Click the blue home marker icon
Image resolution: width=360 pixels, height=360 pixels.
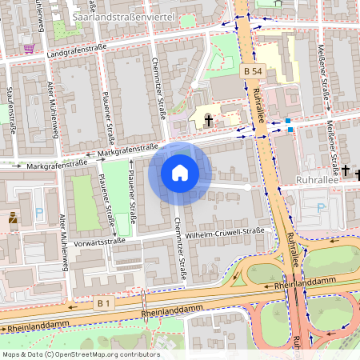pos(180,173)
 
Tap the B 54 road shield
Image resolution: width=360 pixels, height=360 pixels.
pos(253,72)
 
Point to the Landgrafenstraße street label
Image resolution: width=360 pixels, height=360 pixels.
pos(77,54)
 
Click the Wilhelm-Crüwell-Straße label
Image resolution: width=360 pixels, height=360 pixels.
pos(225,232)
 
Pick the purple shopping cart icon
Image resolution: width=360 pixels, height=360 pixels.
pos(29,48)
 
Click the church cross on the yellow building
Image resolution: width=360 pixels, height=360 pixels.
pos(210,121)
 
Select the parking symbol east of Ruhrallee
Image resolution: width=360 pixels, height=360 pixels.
pos(322,208)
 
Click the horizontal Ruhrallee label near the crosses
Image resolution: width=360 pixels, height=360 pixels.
pos(319,181)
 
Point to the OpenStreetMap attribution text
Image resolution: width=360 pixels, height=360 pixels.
pos(81,354)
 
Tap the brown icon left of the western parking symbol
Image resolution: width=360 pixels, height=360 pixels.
pos(13,217)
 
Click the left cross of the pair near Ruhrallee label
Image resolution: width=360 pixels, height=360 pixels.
pos(346,170)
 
